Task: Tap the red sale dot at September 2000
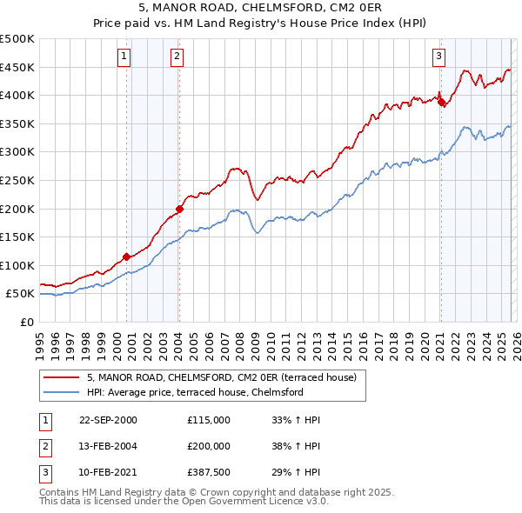(x=127, y=256)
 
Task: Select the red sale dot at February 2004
(x=179, y=209)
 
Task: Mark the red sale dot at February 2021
(x=441, y=102)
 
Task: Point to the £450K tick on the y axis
(x=17, y=67)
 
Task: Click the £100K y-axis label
(x=17, y=265)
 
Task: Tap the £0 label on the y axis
(x=27, y=322)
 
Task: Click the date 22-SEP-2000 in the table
(x=108, y=420)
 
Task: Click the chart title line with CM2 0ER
(x=260, y=10)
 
